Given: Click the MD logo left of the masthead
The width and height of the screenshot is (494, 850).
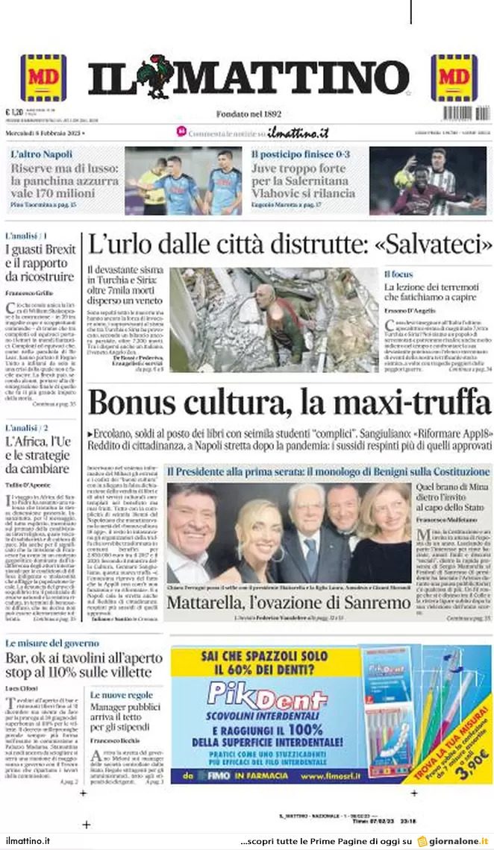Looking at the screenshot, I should [43, 78].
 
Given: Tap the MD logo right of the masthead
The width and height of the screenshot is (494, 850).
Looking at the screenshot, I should [454, 78].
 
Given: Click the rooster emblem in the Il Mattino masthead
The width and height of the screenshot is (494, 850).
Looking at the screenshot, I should [154, 76].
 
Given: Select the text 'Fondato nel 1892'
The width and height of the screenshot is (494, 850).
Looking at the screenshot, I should [248, 113].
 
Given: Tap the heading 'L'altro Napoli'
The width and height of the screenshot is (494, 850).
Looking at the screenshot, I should [42, 154].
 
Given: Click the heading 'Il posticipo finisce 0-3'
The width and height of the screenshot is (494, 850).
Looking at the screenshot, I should [300, 154].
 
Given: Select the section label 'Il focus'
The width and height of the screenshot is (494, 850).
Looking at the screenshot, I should [398, 274].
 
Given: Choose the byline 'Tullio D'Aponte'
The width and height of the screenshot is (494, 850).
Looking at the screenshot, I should [28, 485].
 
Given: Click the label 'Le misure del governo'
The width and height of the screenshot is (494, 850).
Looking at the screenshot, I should [53, 643].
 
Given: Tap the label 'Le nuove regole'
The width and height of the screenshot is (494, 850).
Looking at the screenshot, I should [122, 695].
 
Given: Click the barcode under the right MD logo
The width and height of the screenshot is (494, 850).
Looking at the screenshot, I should [466, 113].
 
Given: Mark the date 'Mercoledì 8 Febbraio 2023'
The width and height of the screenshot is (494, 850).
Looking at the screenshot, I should [45, 133].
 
